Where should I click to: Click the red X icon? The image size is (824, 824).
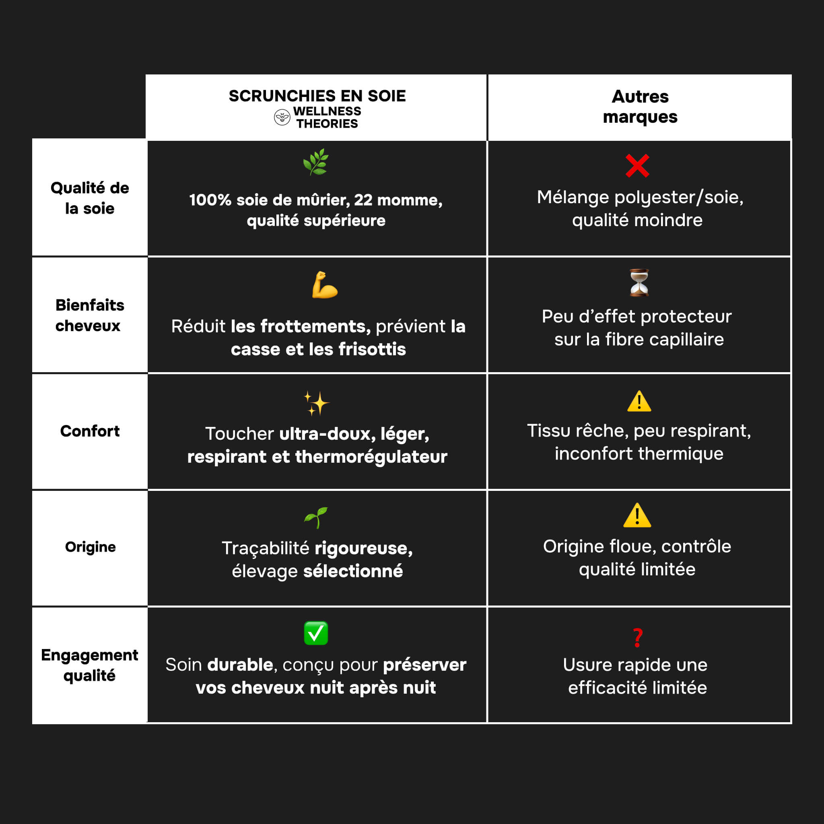(x=637, y=165)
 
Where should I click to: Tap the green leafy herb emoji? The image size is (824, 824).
(x=315, y=162)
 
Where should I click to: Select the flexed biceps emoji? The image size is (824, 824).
(x=325, y=285)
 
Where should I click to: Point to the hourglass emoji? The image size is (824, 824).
(x=639, y=282)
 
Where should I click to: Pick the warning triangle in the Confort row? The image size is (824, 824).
(x=639, y=401)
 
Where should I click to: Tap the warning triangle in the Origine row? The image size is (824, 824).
(x=637, y=516)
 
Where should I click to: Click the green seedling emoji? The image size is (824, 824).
(x=316, y=517)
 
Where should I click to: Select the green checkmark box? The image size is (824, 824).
(x=316, y=633)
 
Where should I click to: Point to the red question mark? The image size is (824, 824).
(x=638, y=638)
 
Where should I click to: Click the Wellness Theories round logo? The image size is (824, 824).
(x=282, y=117)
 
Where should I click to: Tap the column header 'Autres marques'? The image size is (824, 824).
(x=640, y=107)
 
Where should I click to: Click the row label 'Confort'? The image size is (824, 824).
(x=90, y=431)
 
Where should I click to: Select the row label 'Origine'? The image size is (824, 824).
(x=91, y=547)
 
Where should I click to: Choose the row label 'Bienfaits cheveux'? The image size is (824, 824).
(x=90, y=315)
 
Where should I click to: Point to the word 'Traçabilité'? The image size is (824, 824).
(x=265, y=548)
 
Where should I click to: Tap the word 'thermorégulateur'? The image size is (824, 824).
(x=371, y=457)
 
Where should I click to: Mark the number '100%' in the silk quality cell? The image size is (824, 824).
(x=210, y=200)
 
